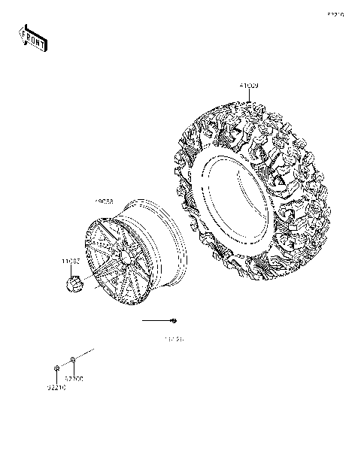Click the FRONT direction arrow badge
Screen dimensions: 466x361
[x=33, y=38]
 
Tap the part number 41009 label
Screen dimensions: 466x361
[x=249, y=87]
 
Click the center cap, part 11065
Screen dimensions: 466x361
[x=74, y=285]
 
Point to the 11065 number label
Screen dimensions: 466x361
[x=71, y=262]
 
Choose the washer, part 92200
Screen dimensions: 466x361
[x=71, y=359]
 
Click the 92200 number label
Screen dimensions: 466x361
[x=74, y=379]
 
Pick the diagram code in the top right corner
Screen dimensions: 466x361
[x=335, y=14]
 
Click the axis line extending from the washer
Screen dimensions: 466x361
[x=84, y=353]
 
